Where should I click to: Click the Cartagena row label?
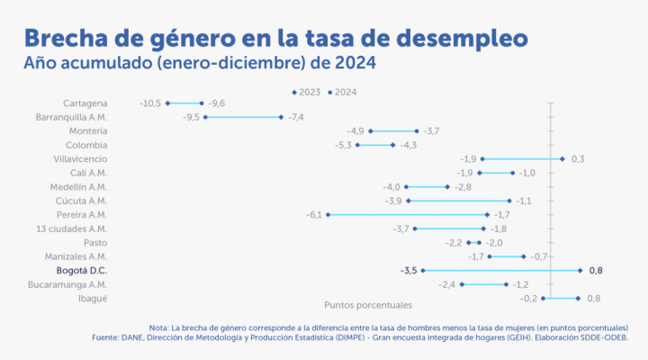tap(85, 103)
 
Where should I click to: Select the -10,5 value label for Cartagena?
tap(150, 103)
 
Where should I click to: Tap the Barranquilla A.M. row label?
tap(71, 117)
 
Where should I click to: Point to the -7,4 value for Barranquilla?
tap(296, 117)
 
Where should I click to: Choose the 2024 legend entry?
tap(344, 91)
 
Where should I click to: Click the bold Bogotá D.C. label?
tap(82, 270)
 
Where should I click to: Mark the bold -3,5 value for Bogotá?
tap(408, 270)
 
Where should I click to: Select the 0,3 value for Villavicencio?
tap(578, 159)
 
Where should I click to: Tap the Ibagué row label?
tap(94, 298)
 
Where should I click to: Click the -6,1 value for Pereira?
tap(314, 214)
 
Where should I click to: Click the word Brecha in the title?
tap(58, 39)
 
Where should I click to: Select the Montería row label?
tap(88, 131)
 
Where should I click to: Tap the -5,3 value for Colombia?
tap(343, 145)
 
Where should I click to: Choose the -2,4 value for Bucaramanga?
tap(447, 284)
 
